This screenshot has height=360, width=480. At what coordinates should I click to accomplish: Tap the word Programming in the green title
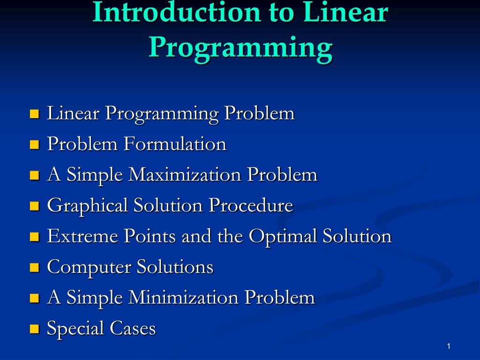(x=240, y=47)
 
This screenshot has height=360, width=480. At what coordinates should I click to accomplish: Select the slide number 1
(x=449, y=346)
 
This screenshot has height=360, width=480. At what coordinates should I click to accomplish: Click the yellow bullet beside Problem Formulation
(x=35, y=144)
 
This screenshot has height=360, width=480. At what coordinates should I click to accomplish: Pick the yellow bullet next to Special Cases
(x=35, y=329)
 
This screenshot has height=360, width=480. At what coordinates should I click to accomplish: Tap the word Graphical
(x=87, y=206)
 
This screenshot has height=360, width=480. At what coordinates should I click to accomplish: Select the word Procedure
(x=251, y=205)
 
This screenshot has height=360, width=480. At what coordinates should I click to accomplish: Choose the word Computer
(x=89, y=267)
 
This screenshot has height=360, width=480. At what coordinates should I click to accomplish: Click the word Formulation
(x=175, y=144)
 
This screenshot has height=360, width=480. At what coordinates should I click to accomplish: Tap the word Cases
(x=133, y=328)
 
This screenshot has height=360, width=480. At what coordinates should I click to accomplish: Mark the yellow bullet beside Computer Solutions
(x=35, y=268)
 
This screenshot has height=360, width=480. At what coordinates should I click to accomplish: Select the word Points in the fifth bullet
(x=150, y=236)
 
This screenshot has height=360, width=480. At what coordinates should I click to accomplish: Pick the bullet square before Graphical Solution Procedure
(x=35, y=206)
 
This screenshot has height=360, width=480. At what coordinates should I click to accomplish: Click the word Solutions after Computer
(x=175, y=267)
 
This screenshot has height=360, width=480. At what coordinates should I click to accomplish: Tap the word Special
(x=75, y=329)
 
